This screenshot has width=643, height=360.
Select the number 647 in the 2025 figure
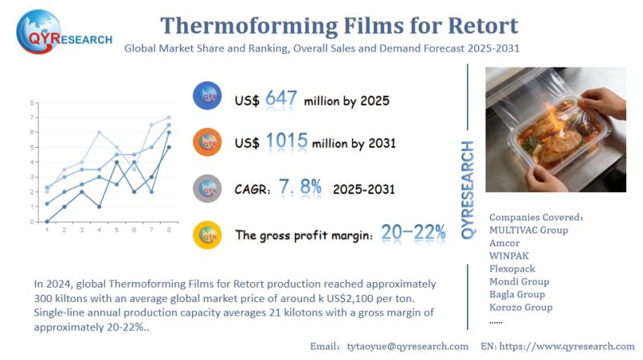point(281,99)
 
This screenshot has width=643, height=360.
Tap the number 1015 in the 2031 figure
point(287,142)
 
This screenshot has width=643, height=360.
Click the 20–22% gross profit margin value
point(413,233)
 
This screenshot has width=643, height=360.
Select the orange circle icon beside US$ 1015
point(208,142)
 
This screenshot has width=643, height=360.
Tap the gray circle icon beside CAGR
point(208,188)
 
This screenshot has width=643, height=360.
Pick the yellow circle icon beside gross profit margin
point(208,234)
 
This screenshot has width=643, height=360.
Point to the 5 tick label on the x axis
point(117,231)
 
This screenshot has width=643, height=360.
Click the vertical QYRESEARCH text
point(467,189)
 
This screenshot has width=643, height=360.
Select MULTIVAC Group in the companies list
point(529,230)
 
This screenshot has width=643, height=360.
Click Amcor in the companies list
point(505,243)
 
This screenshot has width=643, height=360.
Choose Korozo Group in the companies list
point(521,307)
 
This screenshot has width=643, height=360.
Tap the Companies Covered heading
point(535,217)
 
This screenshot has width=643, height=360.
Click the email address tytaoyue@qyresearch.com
point(407,346)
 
